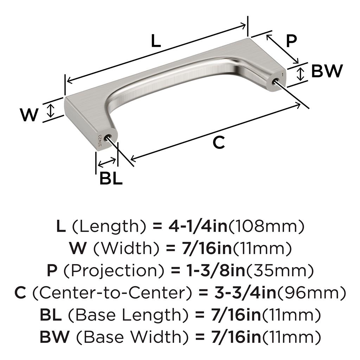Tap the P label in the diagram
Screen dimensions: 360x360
(291, 41)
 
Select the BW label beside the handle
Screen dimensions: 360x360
(327, 71)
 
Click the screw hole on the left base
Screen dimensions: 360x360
(108, 138)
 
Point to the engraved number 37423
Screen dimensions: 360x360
(100, 141)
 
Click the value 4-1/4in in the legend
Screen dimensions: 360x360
(198, 226)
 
